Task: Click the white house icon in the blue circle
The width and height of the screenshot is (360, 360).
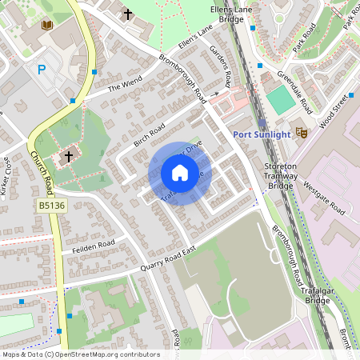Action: click(180, 173)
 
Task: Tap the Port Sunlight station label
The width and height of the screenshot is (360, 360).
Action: click(261, 134)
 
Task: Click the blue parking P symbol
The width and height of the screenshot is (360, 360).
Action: click(42, 70)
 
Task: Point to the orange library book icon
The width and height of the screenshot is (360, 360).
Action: click(47, 26)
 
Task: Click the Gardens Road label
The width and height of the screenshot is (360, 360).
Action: click(220, 66)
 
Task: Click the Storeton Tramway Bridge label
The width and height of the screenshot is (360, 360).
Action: click(281, 176)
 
